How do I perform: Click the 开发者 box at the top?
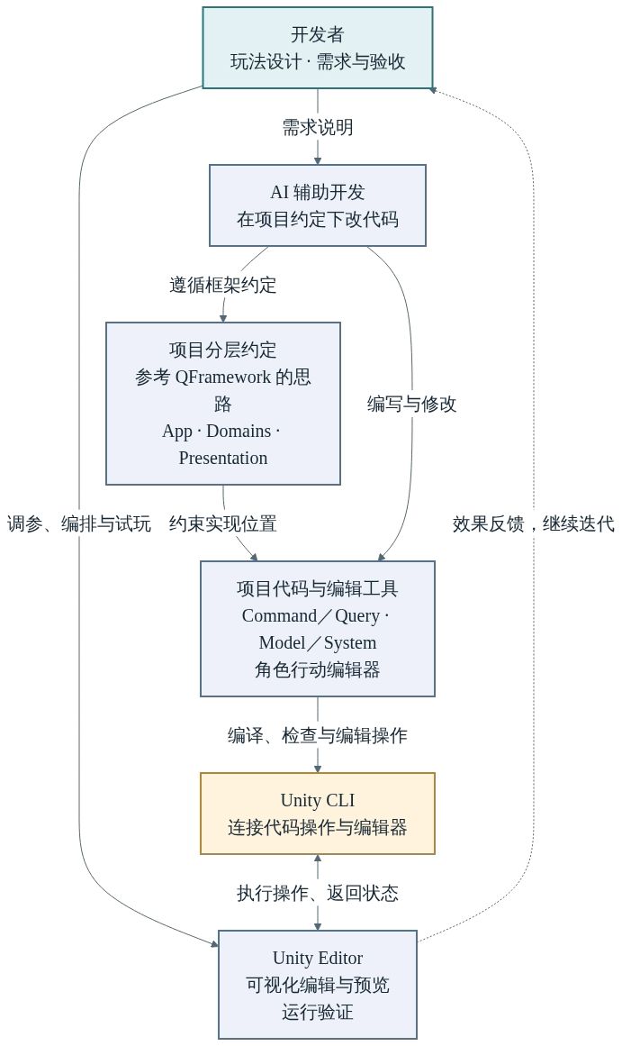(318, 48)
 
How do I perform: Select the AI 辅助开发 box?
(318, 205)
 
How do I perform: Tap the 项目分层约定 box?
(222, 404)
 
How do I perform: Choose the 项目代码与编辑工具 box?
(318, 629)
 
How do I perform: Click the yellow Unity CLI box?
(318, 814)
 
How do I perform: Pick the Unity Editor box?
(318, 985)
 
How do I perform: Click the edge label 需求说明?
(318, 127)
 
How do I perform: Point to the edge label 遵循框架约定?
(222, 285)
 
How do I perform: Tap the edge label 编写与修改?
(411, 404)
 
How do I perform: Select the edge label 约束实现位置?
(222, 523)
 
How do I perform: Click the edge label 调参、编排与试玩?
(79, 523)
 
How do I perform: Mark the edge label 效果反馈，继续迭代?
(533, 523)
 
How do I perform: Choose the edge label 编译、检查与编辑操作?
(318, 735)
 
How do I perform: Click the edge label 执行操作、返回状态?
(318, 893)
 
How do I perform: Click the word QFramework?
(223, 377)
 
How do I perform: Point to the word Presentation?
(223, 459)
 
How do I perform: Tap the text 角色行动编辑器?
(318, 669)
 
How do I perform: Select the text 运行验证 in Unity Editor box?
(318, 1012)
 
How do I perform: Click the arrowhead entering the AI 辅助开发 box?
(318, 160)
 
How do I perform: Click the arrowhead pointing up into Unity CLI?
(318, 860)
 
